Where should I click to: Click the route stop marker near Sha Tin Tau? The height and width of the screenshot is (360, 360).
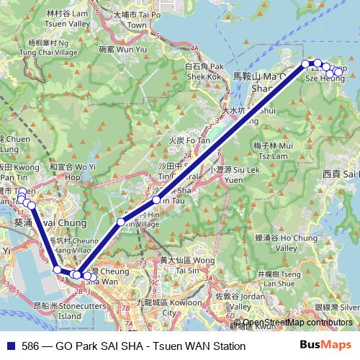[x=156, y=199]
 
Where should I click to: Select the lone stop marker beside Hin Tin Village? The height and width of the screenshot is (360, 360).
[x=121, y=221]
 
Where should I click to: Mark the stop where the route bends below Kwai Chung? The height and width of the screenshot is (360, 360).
[x=58, y=270]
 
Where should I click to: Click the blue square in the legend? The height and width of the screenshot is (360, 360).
[x=9, y=346]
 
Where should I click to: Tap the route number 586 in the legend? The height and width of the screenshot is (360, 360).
[x=30, y=346]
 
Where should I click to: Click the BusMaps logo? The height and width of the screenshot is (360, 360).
[x=325, y=346]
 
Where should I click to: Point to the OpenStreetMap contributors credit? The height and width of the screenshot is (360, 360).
[x=295, y=323]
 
